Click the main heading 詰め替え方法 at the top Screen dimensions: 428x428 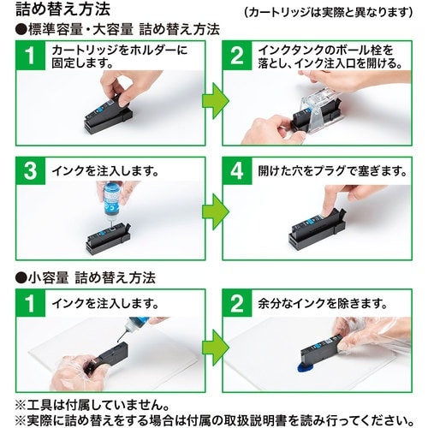click(x=63, y=9)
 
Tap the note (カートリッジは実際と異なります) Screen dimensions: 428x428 click(x=329, y=12)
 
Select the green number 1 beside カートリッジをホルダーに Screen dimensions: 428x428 click(x=31, y=56)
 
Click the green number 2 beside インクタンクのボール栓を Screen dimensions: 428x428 click(x=237, y=56)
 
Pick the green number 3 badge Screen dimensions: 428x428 click(x=31, y=171)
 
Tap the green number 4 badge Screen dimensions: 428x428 click(x=237, y=171)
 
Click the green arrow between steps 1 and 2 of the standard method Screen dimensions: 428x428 click(x=216, y=101)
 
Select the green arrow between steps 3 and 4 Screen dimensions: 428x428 click(x=216, y=211)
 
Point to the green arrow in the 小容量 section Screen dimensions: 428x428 click(x=216, y=348)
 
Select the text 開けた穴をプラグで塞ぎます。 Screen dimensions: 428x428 click(x=332, y=171)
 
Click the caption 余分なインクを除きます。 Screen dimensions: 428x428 click(x=323, y=303)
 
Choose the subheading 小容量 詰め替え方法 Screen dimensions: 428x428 click(x=86, y=277)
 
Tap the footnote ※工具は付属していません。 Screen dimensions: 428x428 click(x=92, y=405)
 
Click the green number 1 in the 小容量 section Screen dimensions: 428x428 click(x=31, y=303)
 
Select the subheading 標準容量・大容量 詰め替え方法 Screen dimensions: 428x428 click(x=117, y=29)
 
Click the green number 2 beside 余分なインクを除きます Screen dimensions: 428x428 click(x=237, y=303)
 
